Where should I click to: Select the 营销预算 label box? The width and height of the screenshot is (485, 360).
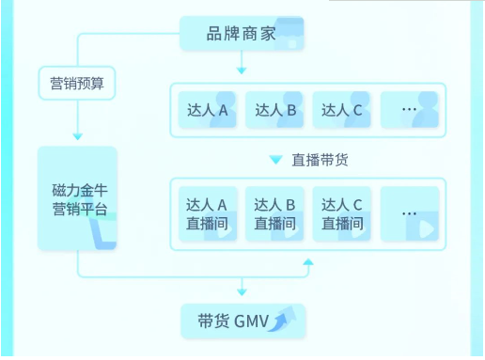coord(76,84)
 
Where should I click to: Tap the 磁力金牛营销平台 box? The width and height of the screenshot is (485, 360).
coord(78,198)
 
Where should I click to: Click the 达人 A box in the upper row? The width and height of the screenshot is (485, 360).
coord(209,109)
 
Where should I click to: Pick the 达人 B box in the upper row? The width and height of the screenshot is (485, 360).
coord(275,109)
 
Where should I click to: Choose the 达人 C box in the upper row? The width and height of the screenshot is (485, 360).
coord(342,109)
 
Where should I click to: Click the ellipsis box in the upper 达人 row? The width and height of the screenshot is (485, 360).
coord(410,109)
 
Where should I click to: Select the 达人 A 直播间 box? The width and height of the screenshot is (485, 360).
coord(209,214)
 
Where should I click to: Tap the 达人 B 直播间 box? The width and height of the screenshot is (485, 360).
coord(275,214)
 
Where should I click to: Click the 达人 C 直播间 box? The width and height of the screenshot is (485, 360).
coord(342,214)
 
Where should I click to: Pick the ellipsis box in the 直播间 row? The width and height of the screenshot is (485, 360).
coord(410,214)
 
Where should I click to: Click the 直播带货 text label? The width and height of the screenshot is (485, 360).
coord(321,159)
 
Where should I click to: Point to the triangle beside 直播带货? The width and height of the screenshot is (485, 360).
coord(275,159)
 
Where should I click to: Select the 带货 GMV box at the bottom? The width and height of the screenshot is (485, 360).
coord(242,321)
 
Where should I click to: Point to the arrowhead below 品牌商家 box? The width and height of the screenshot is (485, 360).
coord(242,70)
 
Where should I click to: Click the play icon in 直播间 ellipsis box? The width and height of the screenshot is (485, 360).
coord(426,227)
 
